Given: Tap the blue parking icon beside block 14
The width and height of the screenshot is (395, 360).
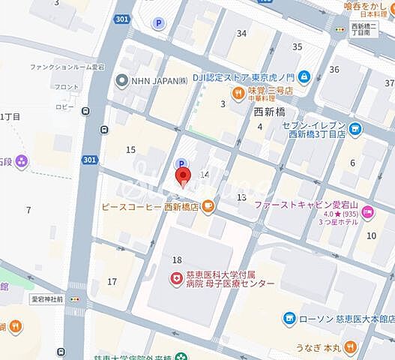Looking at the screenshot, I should tap(180, 164).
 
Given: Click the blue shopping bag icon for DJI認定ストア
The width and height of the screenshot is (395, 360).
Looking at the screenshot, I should tap(304, 76).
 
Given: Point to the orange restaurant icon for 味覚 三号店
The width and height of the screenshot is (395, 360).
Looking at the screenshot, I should tap(237, 93).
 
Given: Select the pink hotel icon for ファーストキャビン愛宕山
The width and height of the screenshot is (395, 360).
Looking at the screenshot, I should tap(367, 213).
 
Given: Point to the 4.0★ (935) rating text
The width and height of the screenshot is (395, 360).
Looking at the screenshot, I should tap(334, 213).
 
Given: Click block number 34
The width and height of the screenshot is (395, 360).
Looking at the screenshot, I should tap(241, 33).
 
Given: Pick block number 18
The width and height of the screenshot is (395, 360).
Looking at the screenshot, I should tap(177, 259).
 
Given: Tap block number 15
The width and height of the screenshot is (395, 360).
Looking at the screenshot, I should tap(130, 150).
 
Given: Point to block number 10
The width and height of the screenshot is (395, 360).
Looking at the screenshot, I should tap(371, 235).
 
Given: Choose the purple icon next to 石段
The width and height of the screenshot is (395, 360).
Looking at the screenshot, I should tap(21, 160).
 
